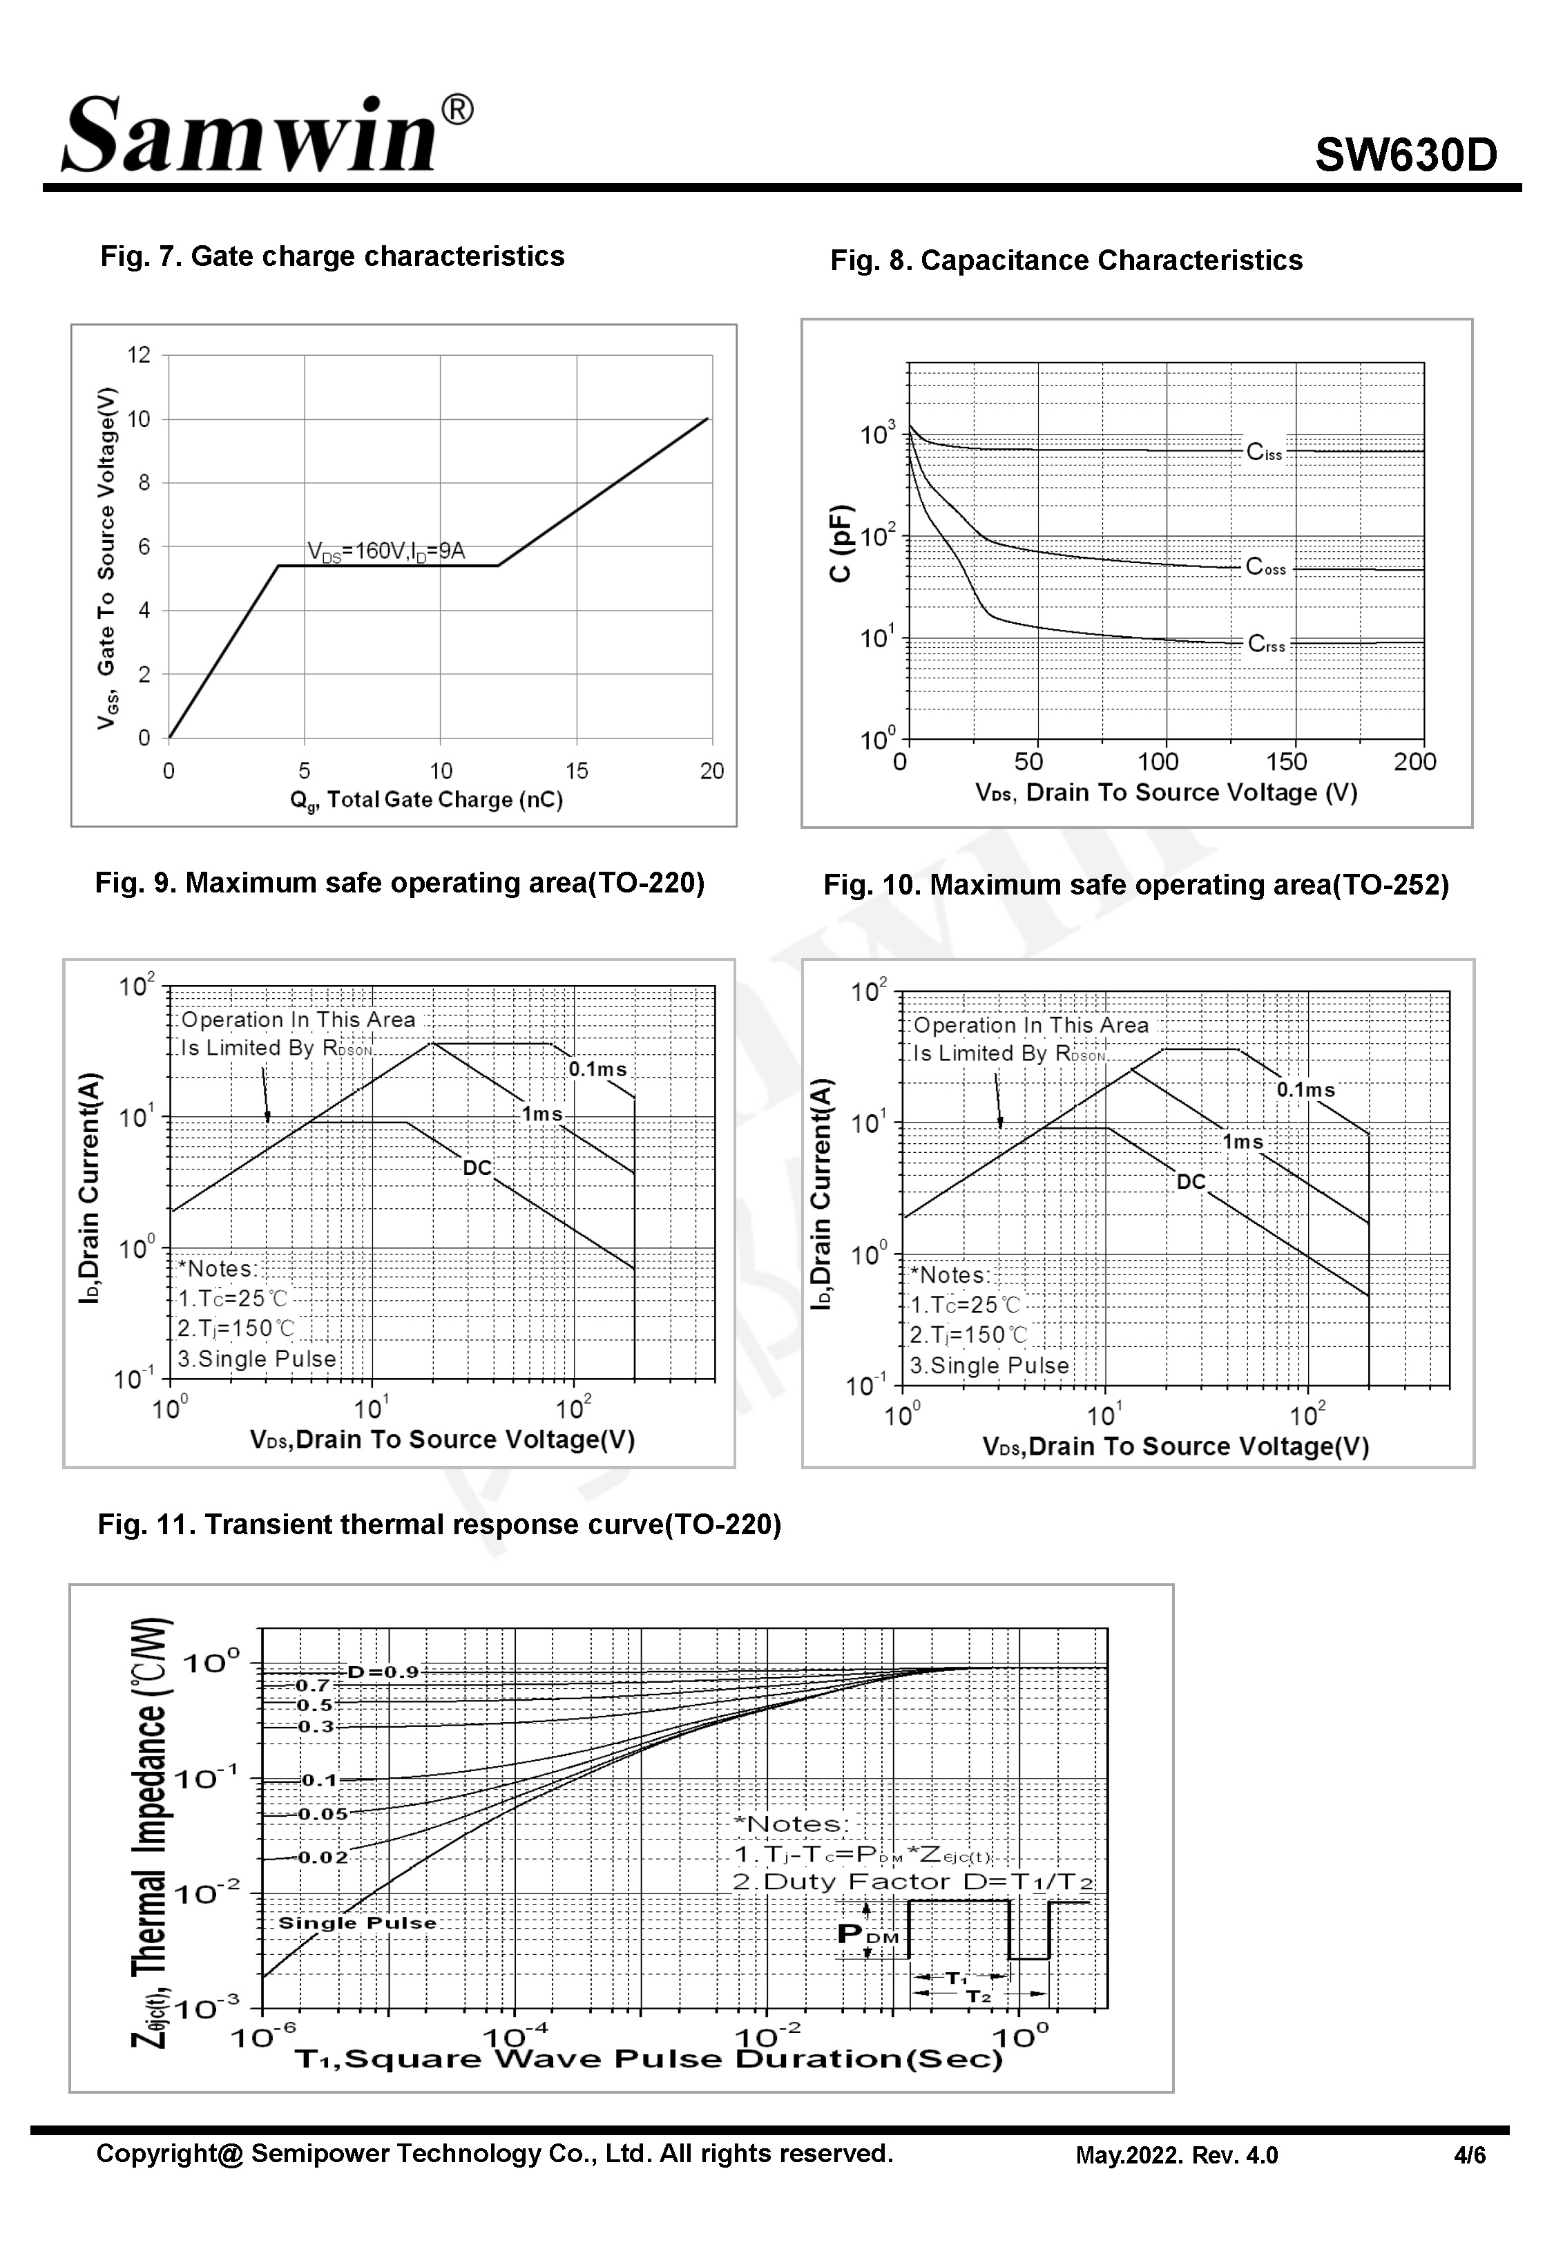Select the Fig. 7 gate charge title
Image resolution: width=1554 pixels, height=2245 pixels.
(x=332, y=257)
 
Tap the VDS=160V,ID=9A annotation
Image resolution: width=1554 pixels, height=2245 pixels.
(x=387, y=551)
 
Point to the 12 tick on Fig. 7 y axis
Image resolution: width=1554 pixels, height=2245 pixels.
(x=140, y=355)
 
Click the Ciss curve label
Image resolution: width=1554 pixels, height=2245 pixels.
(x=1265, y=452)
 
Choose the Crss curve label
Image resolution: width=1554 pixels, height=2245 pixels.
(x=1267, y=644)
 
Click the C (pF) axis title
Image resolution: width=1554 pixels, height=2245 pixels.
(x=841, y=543)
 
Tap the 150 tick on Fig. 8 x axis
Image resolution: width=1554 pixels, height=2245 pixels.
(x=1286, y=763)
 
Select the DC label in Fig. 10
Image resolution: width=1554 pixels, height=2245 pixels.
(x=1191, y=1182)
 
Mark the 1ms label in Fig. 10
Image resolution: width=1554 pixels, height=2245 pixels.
(x=1243, y=1142)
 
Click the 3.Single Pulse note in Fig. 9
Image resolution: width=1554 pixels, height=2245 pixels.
(x=257, y=1359)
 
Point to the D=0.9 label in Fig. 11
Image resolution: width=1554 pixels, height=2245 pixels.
(x=383, y=1672)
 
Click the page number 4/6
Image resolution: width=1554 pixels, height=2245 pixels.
(x=1469, y=2155)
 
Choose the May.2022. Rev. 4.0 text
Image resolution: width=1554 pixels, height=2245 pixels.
(x=1176, y=2155)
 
